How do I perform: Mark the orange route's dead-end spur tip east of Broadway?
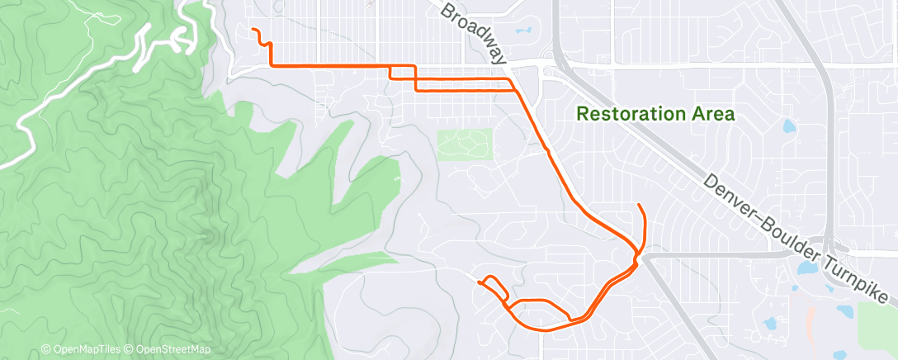(639, 204)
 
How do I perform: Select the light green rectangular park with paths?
(464, 144)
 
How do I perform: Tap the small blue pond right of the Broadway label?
(522, 31)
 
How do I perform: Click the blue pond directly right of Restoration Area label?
(787, 127)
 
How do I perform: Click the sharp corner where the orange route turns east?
(271, 64)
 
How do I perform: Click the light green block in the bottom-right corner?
(877, 326)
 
